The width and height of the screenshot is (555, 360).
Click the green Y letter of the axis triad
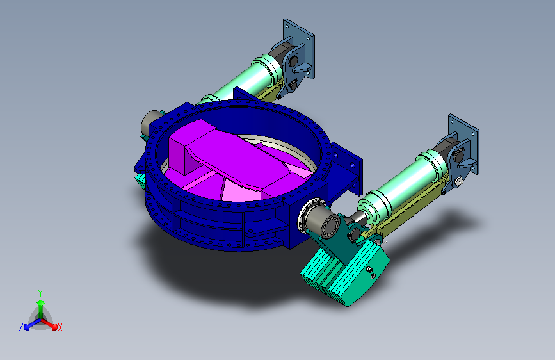(x=40, y=293)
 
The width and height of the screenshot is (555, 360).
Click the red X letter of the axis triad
(x=60, y=327)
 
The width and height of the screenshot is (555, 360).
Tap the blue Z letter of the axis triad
(x=21, y=327)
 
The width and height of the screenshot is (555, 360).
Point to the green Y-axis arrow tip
(x=41, y=302)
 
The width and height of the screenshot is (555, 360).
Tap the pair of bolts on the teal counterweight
(x=371, y=273)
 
